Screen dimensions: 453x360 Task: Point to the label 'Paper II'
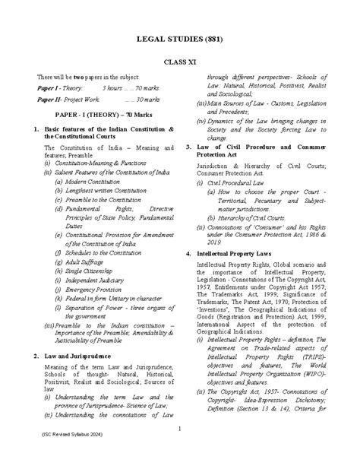coord(50,100)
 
